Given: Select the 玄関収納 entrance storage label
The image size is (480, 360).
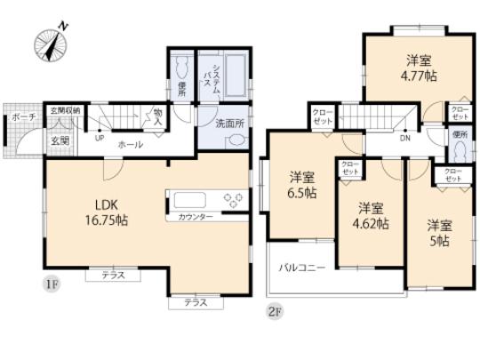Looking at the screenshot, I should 63,110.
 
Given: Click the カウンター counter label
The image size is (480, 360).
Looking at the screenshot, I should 195,217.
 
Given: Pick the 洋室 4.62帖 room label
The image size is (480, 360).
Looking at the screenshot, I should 367,216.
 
